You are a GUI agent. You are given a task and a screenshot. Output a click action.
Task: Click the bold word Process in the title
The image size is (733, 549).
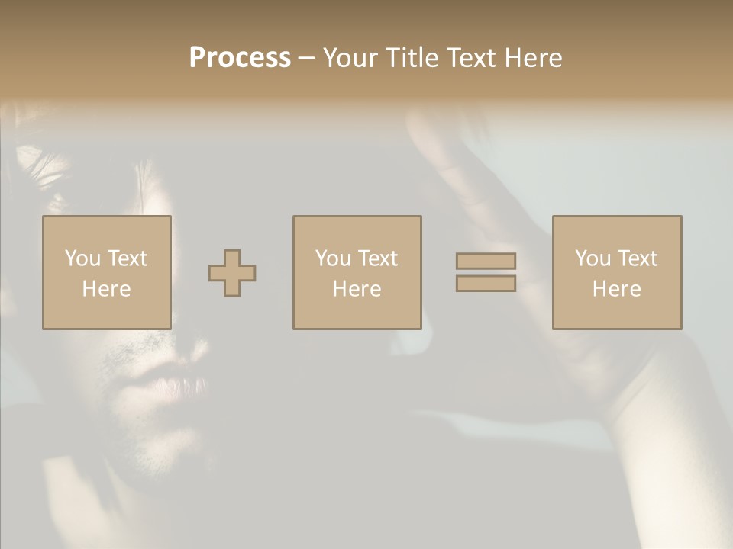(240, 58)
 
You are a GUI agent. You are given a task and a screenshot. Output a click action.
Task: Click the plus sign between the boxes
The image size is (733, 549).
(232, 273)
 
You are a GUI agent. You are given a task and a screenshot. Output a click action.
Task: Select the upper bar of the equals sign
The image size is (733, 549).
(486, 261)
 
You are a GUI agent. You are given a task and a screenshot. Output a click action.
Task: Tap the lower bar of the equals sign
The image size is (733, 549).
(486, 284)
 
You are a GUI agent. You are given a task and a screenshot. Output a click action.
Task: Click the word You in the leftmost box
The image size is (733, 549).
(82, 258)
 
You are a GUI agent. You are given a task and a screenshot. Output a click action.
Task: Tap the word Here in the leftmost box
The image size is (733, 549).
(106, 289)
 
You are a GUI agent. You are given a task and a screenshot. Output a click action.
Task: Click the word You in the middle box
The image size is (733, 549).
(332, 258)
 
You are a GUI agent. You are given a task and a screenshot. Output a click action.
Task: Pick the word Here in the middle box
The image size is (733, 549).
(357, 289)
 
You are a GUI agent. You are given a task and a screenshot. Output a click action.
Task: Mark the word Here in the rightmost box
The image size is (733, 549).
(616, 289)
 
